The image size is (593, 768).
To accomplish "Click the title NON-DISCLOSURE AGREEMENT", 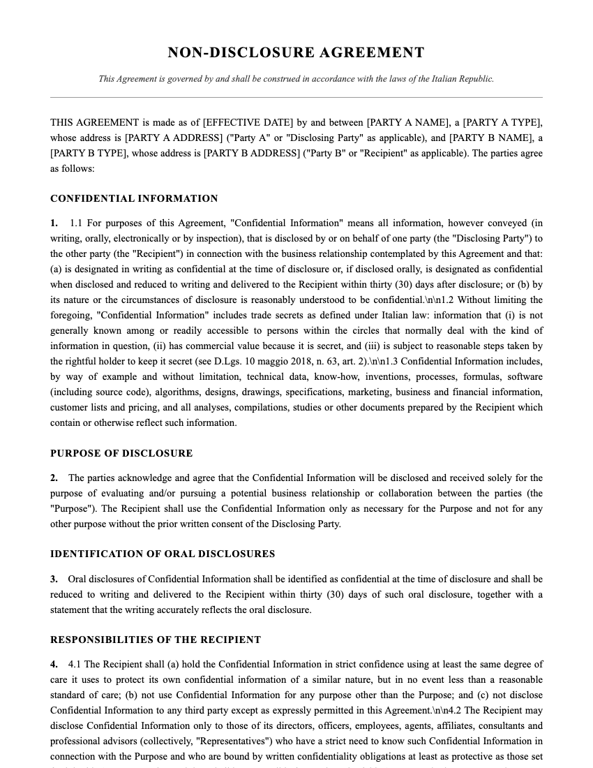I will tap(296, 53).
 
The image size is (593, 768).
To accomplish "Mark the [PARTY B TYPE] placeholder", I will tap(87, 154).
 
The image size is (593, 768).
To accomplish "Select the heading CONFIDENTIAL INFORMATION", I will tap(134, 199).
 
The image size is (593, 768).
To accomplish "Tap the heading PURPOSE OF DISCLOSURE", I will tap(121, 454).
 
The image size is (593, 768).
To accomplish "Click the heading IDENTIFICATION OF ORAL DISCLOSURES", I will tap(163, 554).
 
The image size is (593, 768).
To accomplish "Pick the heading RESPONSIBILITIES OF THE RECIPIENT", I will tap(156, 640).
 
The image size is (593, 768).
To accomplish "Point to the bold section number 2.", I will tap(54, 478).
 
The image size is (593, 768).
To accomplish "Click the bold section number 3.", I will tap(54, 579).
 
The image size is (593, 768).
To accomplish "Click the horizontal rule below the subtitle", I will tap(296, 97).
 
